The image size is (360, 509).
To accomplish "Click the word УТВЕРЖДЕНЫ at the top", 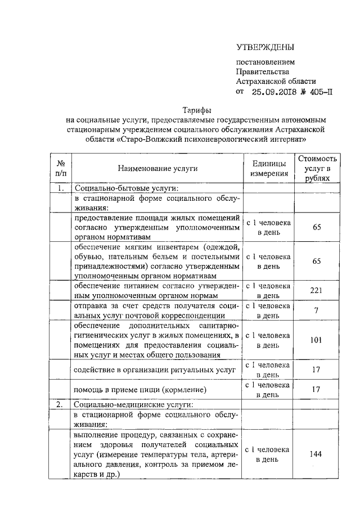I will (x=265, y=47).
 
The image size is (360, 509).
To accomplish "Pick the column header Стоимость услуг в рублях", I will (x=318, y=168).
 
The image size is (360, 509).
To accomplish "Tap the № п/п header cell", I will (x=61, y=168).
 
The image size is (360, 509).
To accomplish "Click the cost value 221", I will (x=317, y=290).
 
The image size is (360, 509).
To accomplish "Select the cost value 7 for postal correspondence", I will (x=317, y=310).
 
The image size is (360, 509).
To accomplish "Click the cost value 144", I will (x=317, y=454).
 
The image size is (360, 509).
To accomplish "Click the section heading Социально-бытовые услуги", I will (x=126, y=188).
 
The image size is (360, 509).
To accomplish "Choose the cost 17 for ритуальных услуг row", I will (x=317, y=369).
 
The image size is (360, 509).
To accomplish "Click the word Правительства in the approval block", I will (x=263, y=71).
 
